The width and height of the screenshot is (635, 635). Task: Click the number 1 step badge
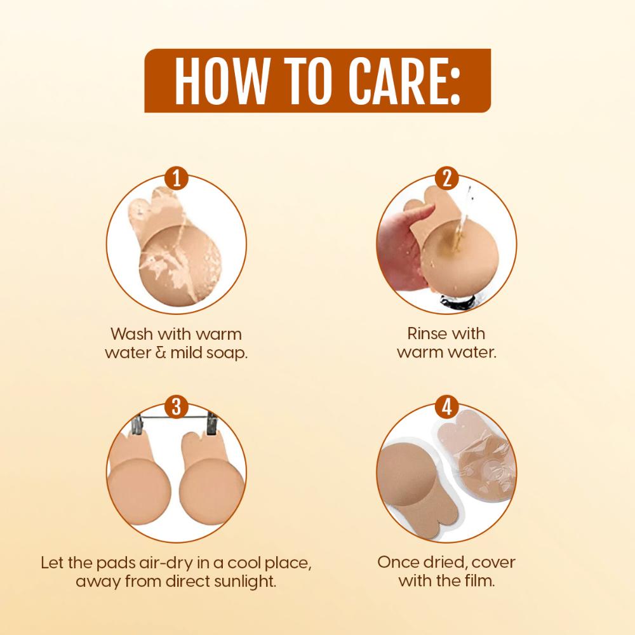[x=177, y=178]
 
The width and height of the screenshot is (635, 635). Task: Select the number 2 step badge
[x=446, y=178]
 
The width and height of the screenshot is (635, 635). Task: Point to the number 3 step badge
[x=177, y=406]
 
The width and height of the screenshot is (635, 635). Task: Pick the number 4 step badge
[x=446, y=406]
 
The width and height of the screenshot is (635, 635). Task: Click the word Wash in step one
[x=131, y=334]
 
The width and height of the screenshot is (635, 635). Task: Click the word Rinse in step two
[x=423, y=333]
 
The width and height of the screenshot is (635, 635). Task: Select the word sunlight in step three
[x=244, y=581]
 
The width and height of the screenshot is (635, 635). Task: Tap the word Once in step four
[x=399, y=562]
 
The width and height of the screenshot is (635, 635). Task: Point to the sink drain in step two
[x=457, y=302]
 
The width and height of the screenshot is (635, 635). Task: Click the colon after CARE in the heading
[x=455, y=86]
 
